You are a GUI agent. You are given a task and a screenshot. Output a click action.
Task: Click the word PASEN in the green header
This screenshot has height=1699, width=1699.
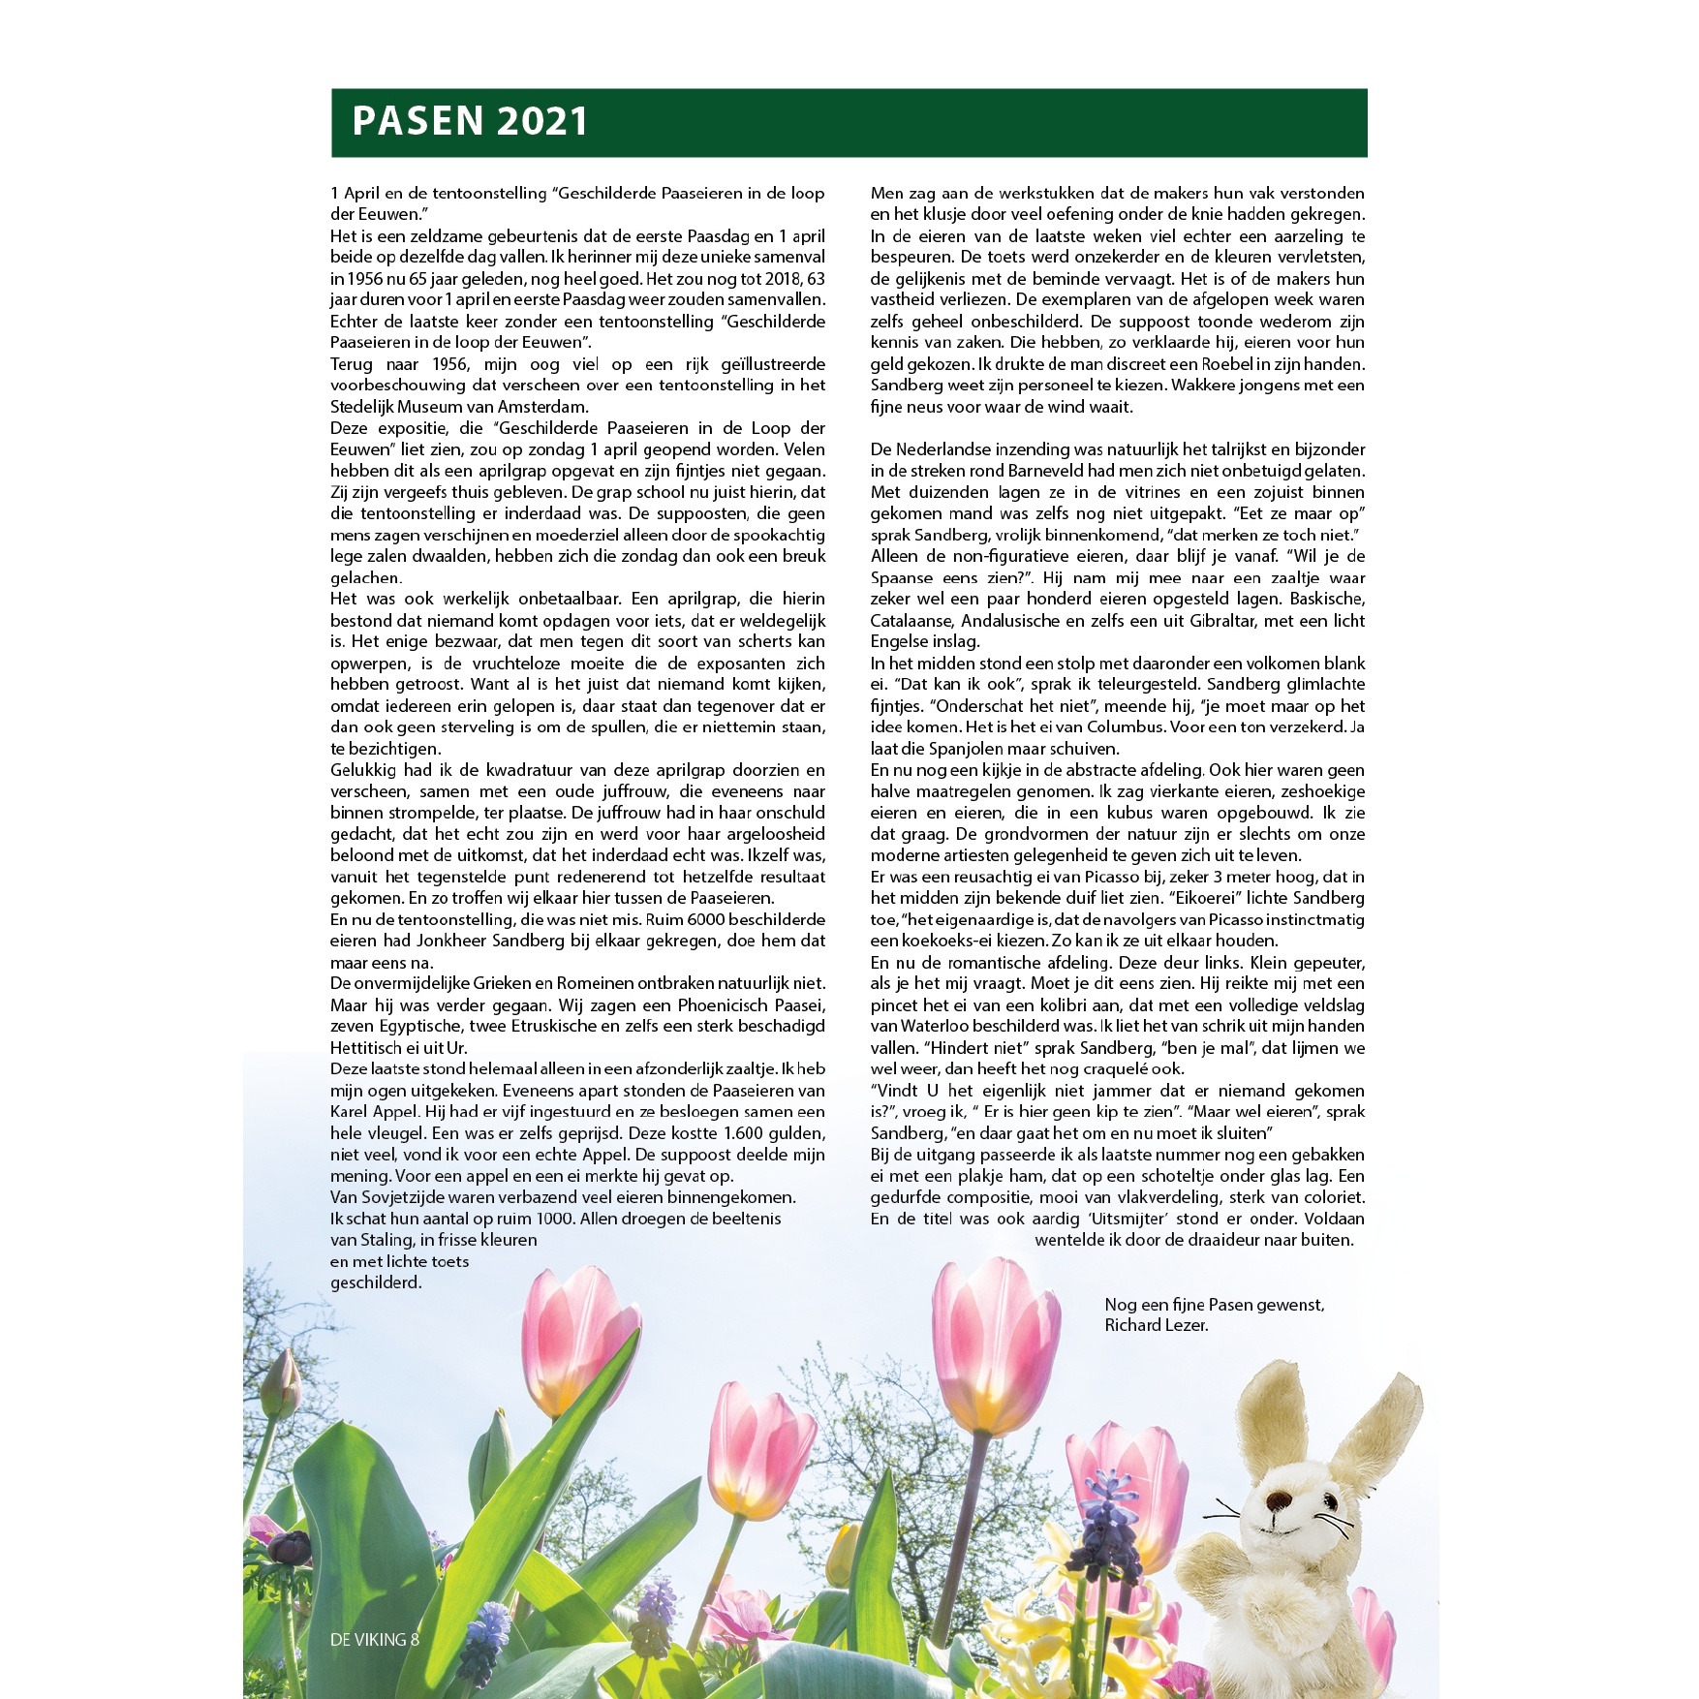click(417, 122)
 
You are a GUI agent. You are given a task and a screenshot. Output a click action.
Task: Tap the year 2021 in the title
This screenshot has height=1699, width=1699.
click(541, 122)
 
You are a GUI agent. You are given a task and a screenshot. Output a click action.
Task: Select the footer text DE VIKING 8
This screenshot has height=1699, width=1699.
click(375, 1639)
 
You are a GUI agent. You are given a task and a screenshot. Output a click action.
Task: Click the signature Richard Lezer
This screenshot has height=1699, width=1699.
click(1157, 1325)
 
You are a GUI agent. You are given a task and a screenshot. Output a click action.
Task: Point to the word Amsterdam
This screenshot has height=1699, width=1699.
click(543, 407)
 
